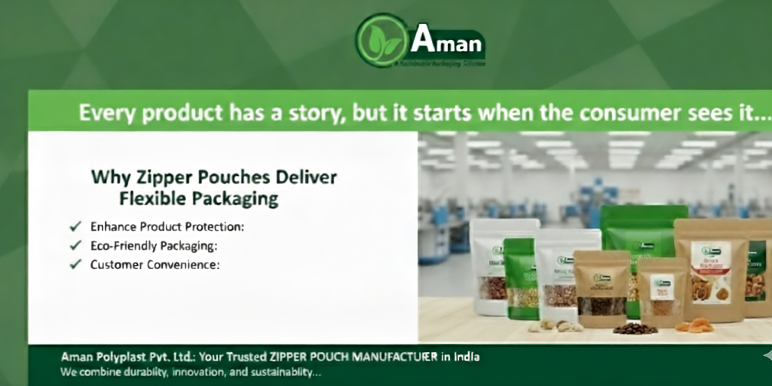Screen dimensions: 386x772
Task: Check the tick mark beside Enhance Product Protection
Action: click(x=75, y=226)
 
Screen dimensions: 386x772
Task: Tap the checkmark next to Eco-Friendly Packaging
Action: click(x=75, y=245)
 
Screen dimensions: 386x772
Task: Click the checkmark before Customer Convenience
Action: click(x=75, y=265)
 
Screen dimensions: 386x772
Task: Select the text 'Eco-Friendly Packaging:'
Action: click(x=154, y=245)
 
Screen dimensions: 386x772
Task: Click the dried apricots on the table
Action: click(x=694, y=326)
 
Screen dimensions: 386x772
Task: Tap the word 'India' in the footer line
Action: click(x=467, y=357)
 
